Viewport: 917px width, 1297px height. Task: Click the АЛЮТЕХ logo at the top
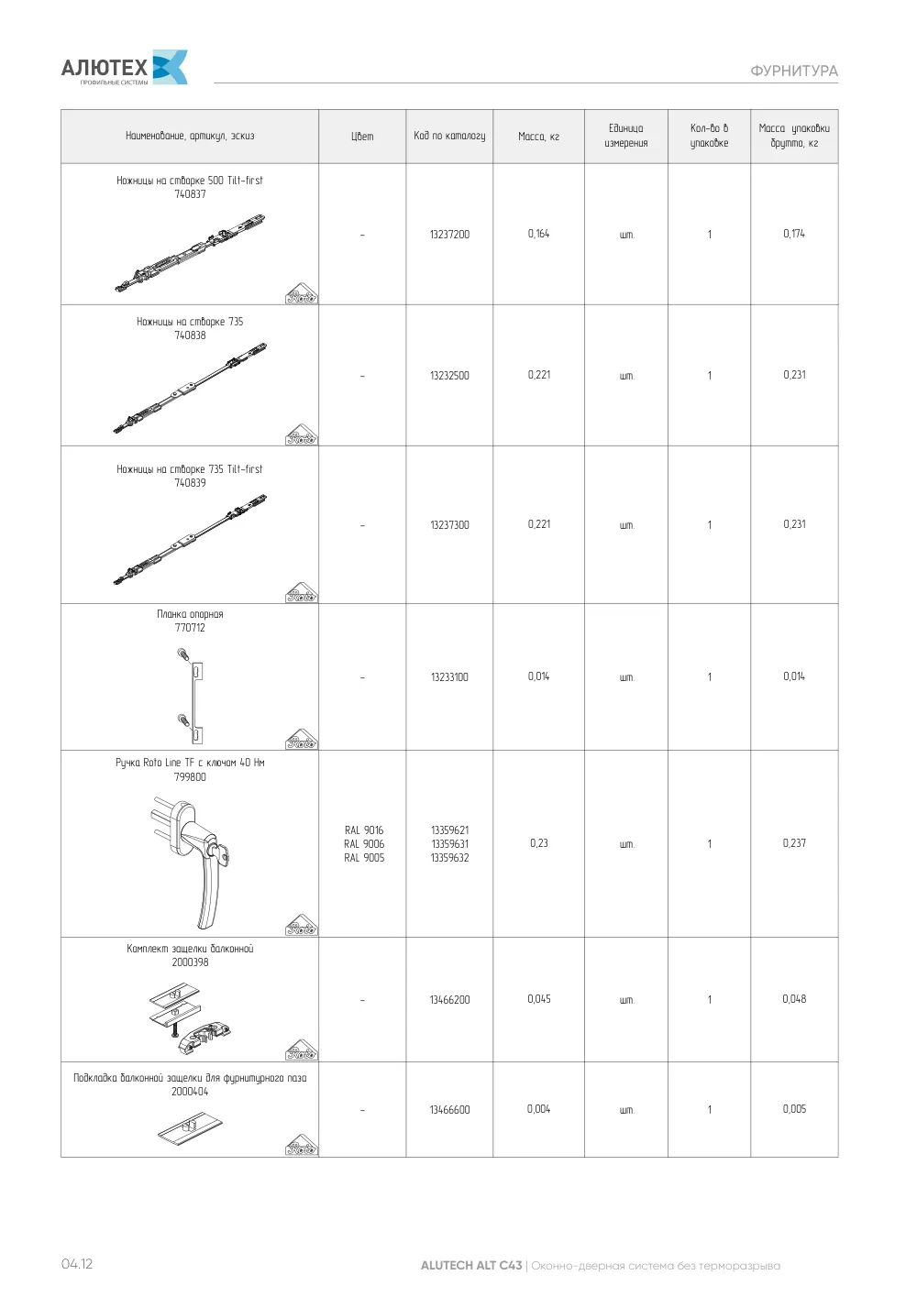tap(124, 67)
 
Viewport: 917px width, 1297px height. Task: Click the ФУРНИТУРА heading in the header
tap(793, 71)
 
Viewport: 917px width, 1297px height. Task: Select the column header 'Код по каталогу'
tap(449, 136)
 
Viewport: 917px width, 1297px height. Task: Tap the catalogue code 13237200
tap(449, 234)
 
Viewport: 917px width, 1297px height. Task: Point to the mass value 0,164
tap(538, 234)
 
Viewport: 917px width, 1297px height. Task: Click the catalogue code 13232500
tap(449, 375)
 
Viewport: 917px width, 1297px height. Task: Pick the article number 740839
tap(190, 482)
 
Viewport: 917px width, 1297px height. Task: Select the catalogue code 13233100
tap(449, 676)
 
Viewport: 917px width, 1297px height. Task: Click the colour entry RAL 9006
tap(364, 843)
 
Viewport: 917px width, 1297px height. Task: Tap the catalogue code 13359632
tap(449, 858)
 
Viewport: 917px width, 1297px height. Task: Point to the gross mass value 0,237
tap(793, 843)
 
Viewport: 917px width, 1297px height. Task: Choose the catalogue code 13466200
tap(449, 999)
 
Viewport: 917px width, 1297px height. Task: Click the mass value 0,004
tap(538, 1109)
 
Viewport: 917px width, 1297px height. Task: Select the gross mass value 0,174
tap(793, 234)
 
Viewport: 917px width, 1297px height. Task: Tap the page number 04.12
tap(77, 1263)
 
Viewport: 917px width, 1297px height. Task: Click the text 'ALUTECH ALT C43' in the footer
tap(471, 1265)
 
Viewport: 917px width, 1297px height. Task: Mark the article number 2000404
tap(190, 1092)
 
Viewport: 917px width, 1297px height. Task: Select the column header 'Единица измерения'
tap(625, 136)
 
